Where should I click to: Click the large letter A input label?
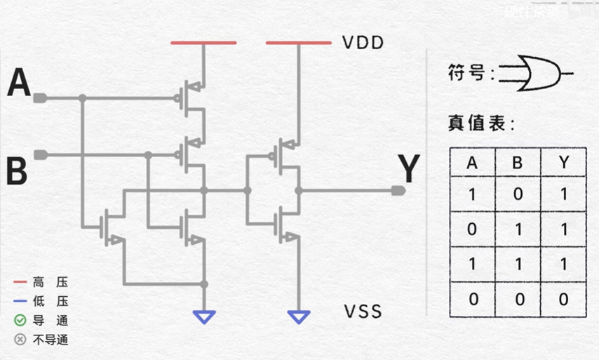(19, 84)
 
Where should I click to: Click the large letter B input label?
(17, 171)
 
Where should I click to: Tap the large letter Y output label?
(408, 169)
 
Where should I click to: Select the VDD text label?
(363, 43)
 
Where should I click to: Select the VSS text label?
(363, 311)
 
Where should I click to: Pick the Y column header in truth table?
(564, 164)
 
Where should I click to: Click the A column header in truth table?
(472, 164)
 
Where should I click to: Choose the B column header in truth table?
(518, 164)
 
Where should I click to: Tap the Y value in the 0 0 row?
(564, 299)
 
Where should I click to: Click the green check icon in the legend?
(20, 321)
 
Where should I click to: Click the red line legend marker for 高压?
(20, 282)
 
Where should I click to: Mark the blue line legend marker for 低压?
(20, 302)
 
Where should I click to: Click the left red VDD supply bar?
(203, 43)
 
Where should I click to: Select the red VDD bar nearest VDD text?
(298, 43)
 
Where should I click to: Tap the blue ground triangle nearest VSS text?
(299, 317)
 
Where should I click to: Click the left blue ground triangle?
(204, 317)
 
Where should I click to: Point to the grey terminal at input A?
(40, 98)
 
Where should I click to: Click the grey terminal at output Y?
(398, 190)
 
